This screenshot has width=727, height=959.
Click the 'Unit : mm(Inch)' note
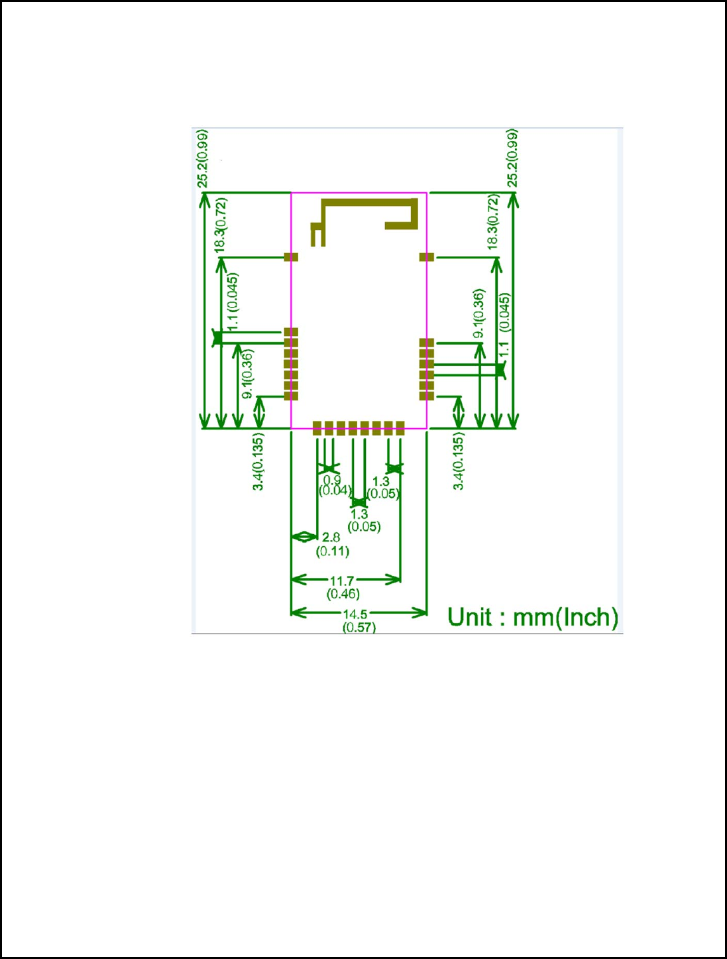[532, 617]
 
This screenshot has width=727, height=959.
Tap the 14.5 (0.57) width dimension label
[358, 621]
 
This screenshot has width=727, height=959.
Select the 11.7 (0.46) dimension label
[343, 588]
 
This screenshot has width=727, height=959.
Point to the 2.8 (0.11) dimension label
[332, 544]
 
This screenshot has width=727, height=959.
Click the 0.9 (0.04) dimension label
[333, 485]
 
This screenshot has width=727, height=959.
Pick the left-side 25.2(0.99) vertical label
[203, 159]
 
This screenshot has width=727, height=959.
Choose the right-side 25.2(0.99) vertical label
[512, 159]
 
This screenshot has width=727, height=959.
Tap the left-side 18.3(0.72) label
[221, 225]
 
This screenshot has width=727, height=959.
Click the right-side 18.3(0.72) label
[492, 222]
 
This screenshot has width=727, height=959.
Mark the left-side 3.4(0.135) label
[258, 461]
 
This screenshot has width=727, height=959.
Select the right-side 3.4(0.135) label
[459, 461]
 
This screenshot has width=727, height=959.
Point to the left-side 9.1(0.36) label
[247, 374]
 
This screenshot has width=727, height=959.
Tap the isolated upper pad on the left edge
[291, 257]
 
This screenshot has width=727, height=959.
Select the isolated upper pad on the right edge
[427, 257]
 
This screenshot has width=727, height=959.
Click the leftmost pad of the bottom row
[317, 427]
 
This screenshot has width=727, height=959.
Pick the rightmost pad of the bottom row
[400, 427]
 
